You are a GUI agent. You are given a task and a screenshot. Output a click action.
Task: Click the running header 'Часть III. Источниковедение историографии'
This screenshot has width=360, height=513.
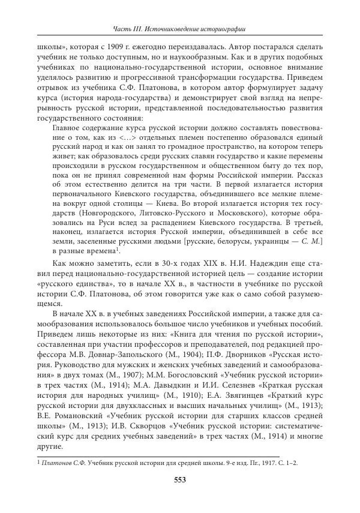[180, 29]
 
